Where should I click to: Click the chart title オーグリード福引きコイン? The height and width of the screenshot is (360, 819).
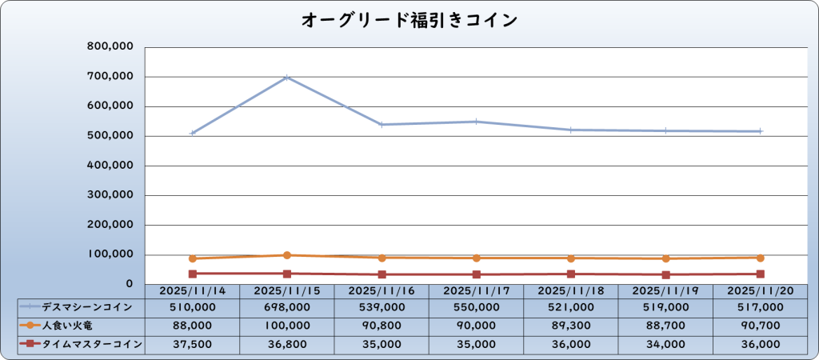pyautogui.click(x=409, y=20)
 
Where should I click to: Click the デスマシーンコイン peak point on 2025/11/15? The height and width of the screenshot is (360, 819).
pyautogui.click(x=287, y=78)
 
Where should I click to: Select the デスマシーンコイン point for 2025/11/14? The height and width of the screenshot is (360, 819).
pyautogui.click(x=193, y=133)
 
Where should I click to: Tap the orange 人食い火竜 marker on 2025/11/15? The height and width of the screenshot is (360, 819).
pyautogui.click(x=287, y=255)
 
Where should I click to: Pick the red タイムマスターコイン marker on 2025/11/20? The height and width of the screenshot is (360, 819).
pyautogui.click(x=760, y=274)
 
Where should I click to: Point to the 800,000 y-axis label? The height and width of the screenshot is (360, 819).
pyautogui.click(x=110, y=47)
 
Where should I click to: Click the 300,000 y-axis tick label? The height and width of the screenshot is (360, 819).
pyautogui.click(x=110, y=195)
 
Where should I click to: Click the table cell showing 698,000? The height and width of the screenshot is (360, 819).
pyautogui.click(x=287, y=306)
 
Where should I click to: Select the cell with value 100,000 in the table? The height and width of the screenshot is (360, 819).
pyautogui.click(x=287, y=326)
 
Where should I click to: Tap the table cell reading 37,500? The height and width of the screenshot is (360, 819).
pyautogui.click(x=193, y=344)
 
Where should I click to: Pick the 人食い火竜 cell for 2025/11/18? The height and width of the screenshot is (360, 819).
pyautogui.click(x=571, y=326)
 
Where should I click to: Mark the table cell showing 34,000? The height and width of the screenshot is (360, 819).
pyautogui.click(x=665, y=344)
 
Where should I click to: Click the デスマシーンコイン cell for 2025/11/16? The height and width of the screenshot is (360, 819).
pyautogui.click(x=382, y=306)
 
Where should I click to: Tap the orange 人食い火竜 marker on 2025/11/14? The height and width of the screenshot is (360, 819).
pyautogui.click(x=193, y=258)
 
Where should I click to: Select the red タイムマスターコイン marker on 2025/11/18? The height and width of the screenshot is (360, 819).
pyautogui.click(x=571, y=274)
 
